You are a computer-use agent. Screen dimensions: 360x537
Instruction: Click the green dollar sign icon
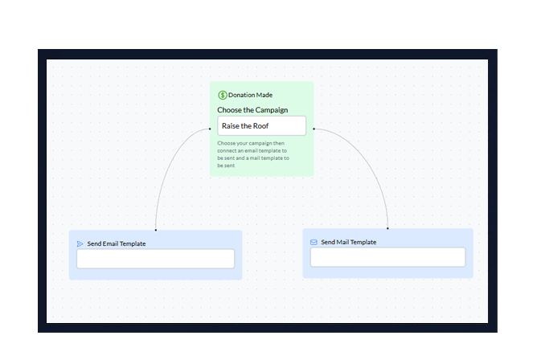pos(223,95)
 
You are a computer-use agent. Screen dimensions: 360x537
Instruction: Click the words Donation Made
pos(250,95)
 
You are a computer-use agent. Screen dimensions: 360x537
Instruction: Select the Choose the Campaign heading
pos(252,110)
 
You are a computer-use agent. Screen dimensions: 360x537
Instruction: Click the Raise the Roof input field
pos(261,126)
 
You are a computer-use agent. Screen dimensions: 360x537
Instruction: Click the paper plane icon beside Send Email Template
pos(80,243)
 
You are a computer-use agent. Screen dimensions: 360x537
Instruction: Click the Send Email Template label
pos(117,243)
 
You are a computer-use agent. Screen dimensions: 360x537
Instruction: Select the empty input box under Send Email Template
pos(155,259)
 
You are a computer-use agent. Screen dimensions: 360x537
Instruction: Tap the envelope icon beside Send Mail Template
pos(314,242)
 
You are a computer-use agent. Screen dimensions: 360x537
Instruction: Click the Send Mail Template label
pos(349,242)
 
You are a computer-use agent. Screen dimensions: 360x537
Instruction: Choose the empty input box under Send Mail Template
pos(387,257)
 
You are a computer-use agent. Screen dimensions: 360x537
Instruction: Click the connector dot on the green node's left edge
pos(211,128)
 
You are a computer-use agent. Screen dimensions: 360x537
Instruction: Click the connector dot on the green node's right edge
pos(314,128)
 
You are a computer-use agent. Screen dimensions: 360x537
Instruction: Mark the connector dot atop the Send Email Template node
pos(155,230)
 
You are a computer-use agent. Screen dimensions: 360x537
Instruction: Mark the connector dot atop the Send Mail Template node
pos(387,228)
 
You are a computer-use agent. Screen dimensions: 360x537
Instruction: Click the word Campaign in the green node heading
pos(271,110)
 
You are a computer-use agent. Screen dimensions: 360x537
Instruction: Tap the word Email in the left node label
pos(111,243)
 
